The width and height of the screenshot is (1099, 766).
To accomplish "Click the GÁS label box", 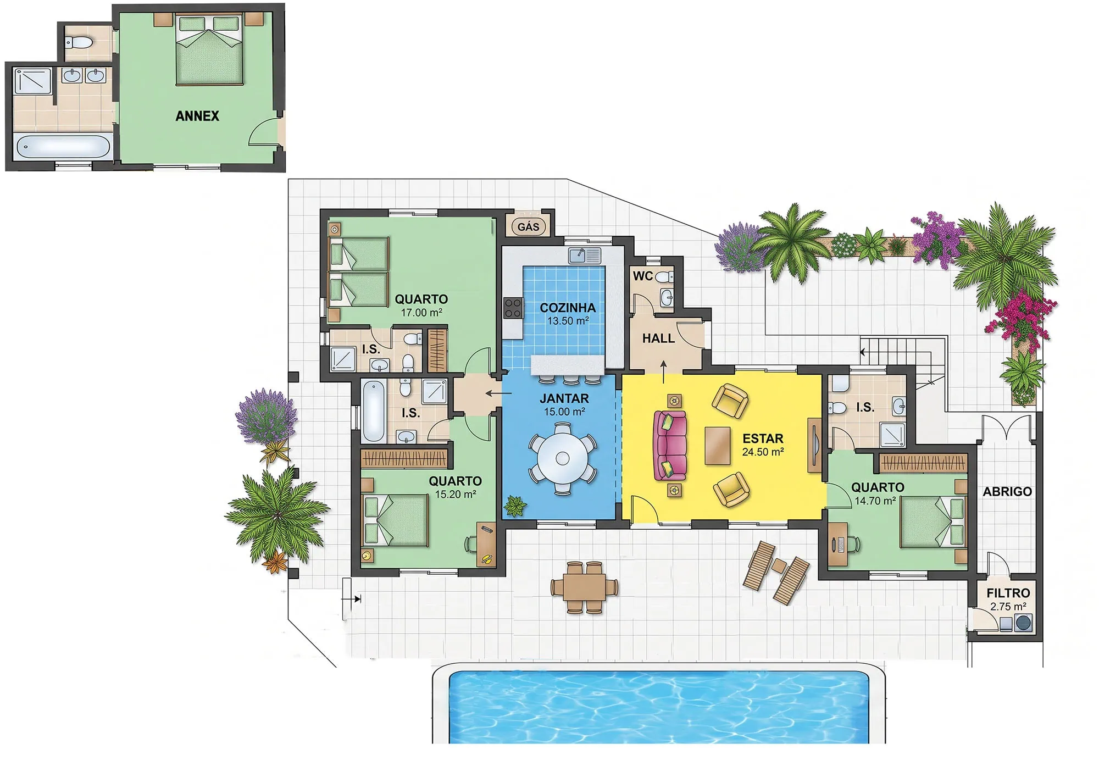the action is tap(529, 226).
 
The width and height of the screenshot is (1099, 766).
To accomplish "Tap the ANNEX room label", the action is tap(197, 116).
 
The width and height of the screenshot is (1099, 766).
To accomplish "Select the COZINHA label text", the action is tap(568, 308).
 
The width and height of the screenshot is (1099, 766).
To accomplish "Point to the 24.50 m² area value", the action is tap(763, 452).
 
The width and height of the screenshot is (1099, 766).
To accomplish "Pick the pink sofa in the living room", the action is tap(670, 445).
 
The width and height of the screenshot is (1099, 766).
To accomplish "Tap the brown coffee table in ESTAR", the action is tap(718, 445).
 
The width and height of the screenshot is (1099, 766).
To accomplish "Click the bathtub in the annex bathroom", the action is tap(63, 147).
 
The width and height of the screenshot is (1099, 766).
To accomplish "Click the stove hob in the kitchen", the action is tap(513, 308).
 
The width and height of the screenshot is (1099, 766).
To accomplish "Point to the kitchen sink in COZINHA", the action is tap(585, 256).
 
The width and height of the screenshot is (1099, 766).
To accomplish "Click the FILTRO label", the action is tap(1008, 593).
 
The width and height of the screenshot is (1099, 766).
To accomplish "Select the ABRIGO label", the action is tap(1007, 491).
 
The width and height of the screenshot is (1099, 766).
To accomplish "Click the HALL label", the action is tap(658, 338).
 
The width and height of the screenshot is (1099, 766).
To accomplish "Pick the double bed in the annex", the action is tap(209, 49).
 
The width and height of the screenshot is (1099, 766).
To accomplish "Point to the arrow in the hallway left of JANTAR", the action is tap(498, 393).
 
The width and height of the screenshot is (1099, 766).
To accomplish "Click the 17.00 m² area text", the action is tap(421, 313).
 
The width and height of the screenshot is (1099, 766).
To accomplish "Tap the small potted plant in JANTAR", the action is tap(515, 506).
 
